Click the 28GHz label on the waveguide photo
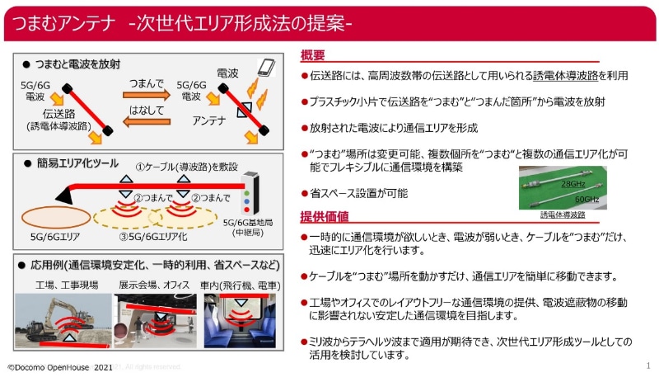573,182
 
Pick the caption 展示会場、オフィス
155,284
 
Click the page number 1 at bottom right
648,365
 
